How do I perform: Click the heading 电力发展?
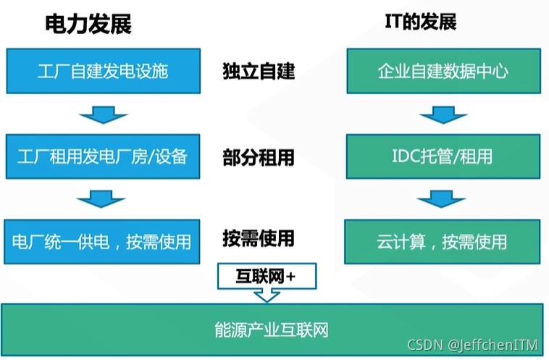tap(88, 25)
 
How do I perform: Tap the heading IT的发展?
tap(420, 22)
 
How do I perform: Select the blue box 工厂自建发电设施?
tap(102, 71)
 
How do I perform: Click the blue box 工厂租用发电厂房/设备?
tap(102, 156)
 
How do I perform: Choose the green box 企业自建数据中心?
tap(443, 71)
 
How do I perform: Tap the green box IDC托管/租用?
tap(443, 156)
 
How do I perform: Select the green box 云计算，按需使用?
tap(443, 241)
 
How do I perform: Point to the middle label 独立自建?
tap(259, 71)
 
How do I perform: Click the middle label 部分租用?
tap(259, 156)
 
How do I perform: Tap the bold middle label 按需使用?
tap(259, 238)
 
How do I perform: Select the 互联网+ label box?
tap(267, 275)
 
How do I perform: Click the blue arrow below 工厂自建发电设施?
tap(104, 114)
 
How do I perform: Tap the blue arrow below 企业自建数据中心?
tap(443, 114)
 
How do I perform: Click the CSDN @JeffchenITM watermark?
tap(473, 346)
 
